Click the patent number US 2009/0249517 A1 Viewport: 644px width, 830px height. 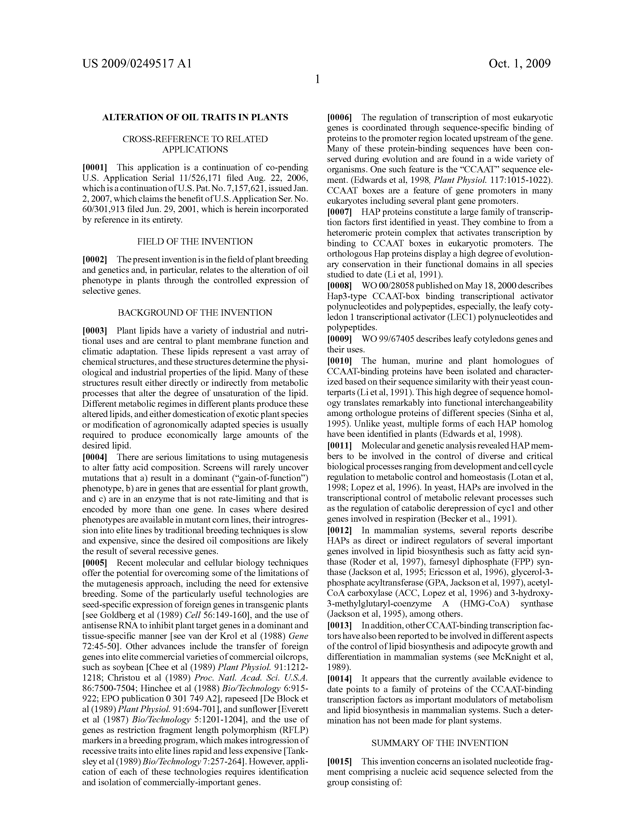click(x=137, y=63)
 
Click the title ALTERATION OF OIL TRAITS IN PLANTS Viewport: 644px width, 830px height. click(x=195, y=117)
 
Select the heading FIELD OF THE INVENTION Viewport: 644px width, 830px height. click(x=195, y=241)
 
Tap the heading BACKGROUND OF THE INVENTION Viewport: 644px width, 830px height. click(x=195, y=313)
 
